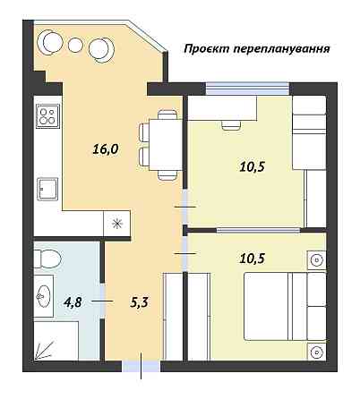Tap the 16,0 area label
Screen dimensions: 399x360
point(106,149)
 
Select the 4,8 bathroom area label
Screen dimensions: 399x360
point(73,302)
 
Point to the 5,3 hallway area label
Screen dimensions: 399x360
point(139,302)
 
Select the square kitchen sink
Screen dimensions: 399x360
point(47,189)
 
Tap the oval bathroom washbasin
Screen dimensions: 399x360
point(44,294)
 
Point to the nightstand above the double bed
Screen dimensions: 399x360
point(316,260)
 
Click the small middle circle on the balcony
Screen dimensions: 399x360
point(76,45)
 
